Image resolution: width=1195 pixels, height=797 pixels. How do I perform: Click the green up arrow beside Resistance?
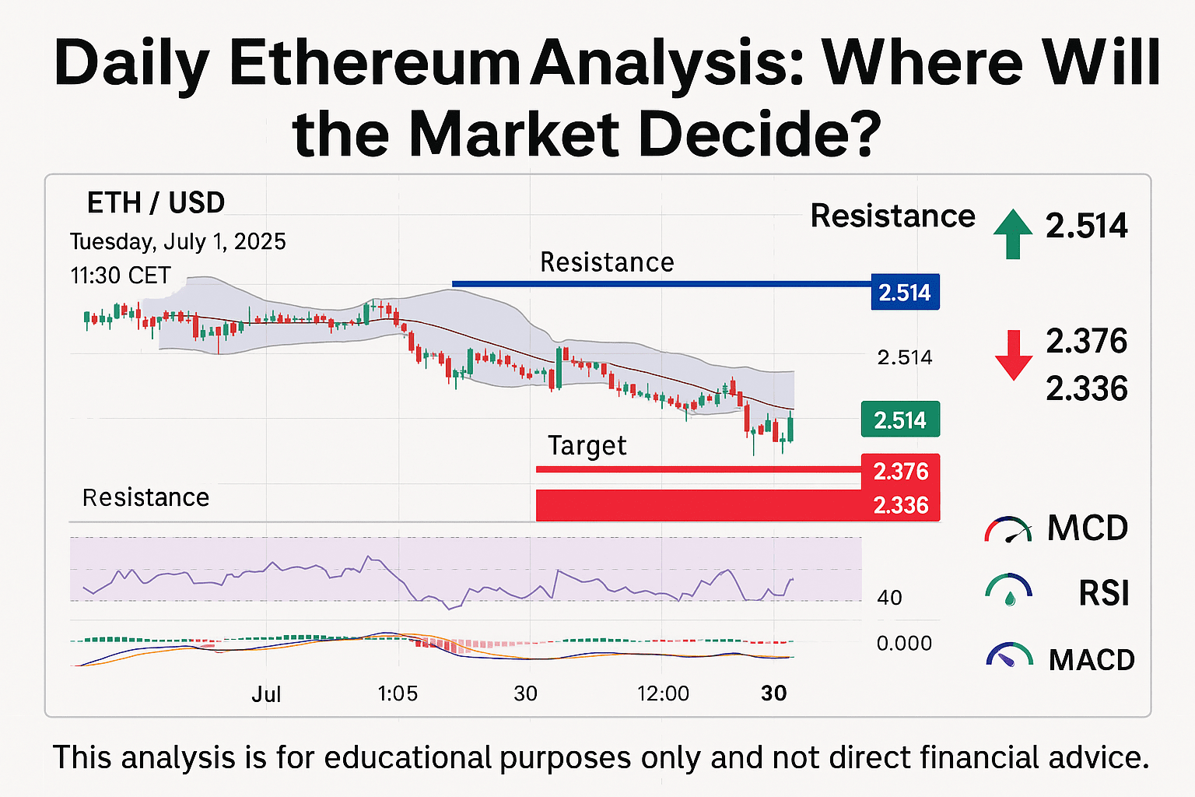1012,233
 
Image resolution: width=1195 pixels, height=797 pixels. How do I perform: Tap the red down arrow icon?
1014,355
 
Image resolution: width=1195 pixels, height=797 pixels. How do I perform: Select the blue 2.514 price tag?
906,292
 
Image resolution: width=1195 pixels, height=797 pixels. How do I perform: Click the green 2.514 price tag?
900,419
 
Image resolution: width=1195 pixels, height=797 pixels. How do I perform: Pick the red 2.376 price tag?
900,472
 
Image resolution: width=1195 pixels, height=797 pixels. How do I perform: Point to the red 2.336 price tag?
900,505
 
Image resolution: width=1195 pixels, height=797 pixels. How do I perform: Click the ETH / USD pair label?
156,203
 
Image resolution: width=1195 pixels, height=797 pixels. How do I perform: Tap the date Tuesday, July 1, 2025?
177,242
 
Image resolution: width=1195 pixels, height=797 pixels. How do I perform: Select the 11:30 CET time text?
120,276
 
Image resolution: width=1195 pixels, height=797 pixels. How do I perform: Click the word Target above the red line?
587,445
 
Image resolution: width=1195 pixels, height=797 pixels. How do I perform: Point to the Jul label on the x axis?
266,694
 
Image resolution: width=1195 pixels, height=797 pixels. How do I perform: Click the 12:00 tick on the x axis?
663,693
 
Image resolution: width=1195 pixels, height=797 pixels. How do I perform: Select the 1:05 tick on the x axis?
398,693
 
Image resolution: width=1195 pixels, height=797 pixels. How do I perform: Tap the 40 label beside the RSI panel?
889,598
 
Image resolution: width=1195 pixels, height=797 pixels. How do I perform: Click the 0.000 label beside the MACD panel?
904,643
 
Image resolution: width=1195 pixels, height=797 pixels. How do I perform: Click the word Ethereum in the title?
375,64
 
